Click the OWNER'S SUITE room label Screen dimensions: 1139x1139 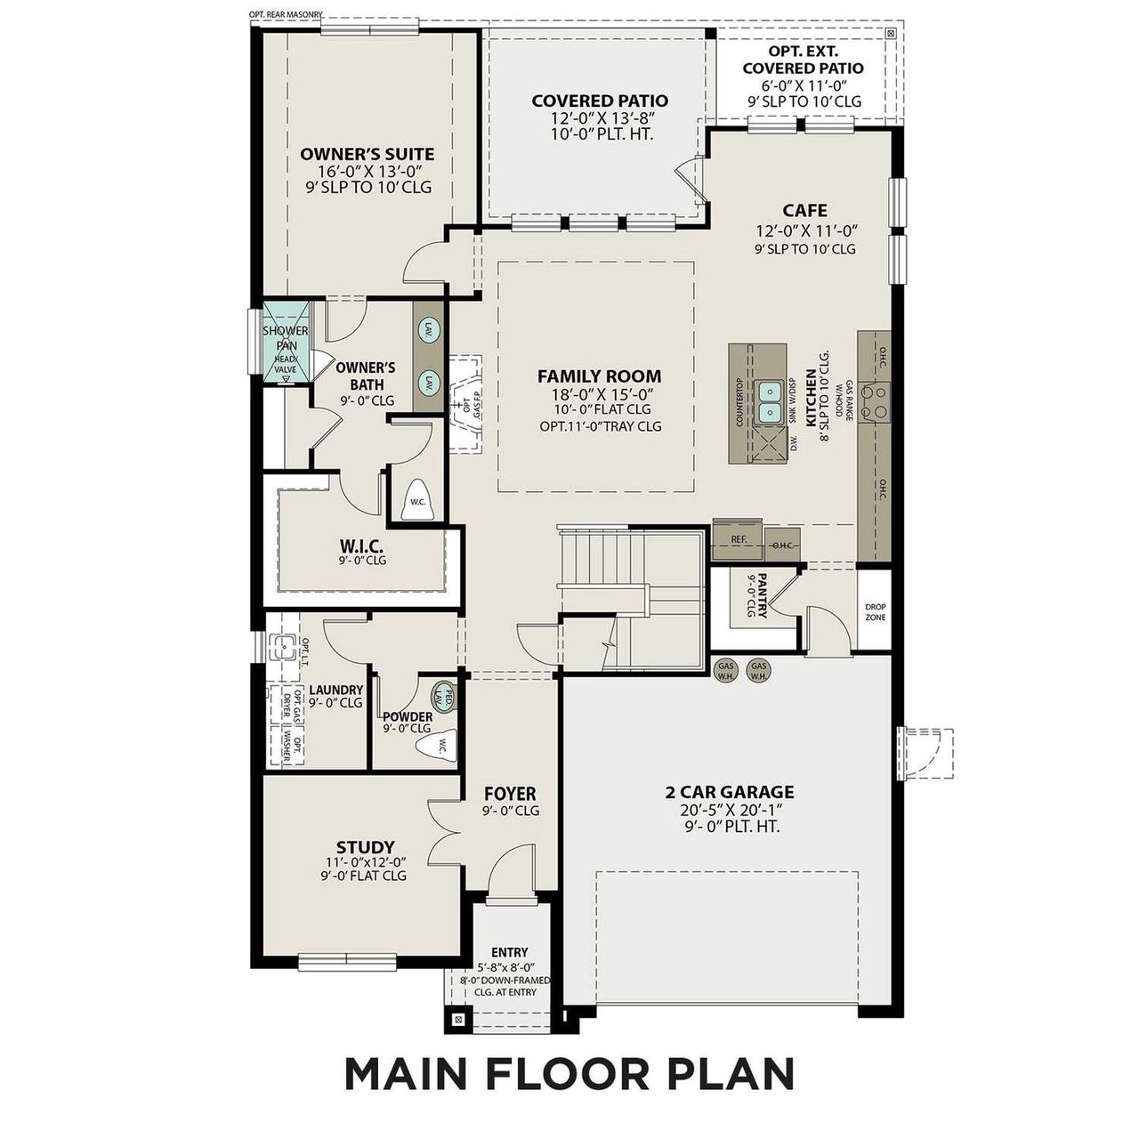click(x=367, y=154)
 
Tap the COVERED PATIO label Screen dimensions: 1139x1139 click(x=600, y=101)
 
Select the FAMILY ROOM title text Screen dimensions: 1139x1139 click(x=600, y=376)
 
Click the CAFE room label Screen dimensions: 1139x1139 click(x=804, y=211)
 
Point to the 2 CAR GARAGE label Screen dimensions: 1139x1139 click(x=730, y=792)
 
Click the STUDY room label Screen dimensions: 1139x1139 click(x=365, y=847)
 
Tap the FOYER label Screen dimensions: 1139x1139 click(x=510, y=794)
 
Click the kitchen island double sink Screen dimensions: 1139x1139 click(x=768, y=401)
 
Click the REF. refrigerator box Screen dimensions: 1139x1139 click(x=738, y=539)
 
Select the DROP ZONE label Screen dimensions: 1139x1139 click(x=875, y=612)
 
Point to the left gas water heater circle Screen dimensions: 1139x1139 click(x=726, y=671)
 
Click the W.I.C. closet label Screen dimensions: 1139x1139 click(x=362, y=544)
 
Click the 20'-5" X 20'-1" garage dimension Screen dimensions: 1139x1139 click(x=730, y=810)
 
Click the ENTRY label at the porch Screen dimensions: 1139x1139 click(x=509, y=951)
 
